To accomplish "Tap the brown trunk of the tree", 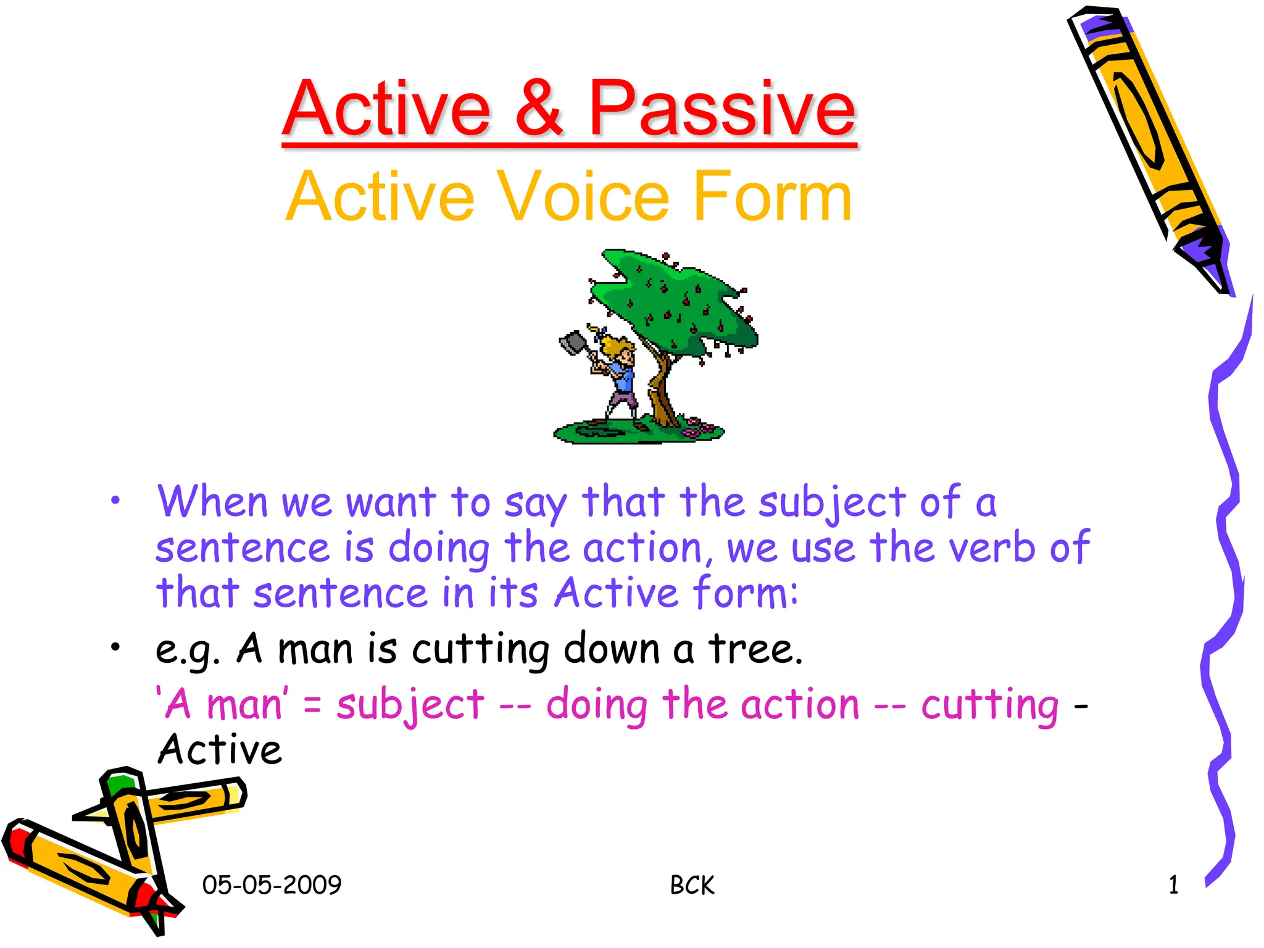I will (x=660, y=395).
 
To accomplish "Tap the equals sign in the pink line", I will (x=312, y=705).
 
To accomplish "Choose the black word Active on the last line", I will (x=220, y=750).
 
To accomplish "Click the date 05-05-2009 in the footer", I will (x=272, y=885).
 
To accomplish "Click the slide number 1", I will (x=1173, y=885).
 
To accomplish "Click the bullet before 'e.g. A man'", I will (x=115, y=647).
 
